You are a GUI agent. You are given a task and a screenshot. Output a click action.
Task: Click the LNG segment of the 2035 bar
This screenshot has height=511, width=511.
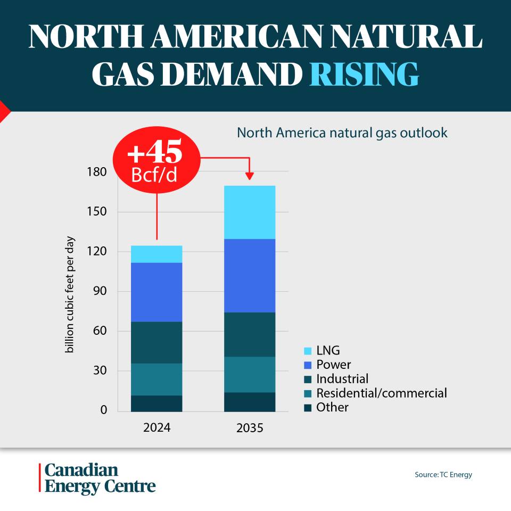tap(250, 212)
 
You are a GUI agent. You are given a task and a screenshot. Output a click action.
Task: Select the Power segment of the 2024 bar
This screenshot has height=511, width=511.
tap(156, 292)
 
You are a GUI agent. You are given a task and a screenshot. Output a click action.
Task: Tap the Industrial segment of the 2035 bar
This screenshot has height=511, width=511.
tap(250, 334)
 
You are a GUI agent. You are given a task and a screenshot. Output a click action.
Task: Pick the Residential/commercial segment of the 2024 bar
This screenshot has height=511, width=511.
tap(156, 380)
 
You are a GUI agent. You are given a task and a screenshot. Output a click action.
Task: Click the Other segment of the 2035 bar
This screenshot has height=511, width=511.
tap(250, 402)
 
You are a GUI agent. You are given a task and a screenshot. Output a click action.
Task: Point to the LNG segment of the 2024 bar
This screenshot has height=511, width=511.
tap(156, 254)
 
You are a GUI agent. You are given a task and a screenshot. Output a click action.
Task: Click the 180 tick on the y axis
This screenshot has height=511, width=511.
tap(96, 172)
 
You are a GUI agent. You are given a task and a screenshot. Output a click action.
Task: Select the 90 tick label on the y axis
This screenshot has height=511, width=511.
tap(100, 291)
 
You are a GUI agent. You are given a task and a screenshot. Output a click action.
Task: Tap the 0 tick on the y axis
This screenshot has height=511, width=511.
tap(104, 410)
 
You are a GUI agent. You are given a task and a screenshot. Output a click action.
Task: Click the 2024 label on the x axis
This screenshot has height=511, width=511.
tap(156, 427)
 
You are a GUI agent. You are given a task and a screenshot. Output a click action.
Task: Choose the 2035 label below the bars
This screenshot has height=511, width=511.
tap(250, 427)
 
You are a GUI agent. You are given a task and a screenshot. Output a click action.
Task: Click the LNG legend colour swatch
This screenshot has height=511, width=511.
tap(308, 351)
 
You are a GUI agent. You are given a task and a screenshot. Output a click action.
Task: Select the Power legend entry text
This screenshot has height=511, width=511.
tap(333, 364)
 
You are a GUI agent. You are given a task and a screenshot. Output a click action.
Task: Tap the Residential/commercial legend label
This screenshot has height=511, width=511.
tap(382, 393)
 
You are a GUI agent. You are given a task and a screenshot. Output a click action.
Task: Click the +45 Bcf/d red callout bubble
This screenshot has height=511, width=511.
tap(156, 160)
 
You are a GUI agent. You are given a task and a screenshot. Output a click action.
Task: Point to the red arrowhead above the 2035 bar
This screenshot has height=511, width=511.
tap(250, 176)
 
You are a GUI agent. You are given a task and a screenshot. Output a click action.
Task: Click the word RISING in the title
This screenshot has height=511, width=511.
tap(364, 74)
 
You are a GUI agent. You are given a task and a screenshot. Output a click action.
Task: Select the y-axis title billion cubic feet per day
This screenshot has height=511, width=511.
tap(70, 294)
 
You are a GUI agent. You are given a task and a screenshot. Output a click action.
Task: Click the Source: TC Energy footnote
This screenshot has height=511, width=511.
tap(443, 474)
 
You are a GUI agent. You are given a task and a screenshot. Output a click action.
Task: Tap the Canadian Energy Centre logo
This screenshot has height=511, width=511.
tap(97, 478)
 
